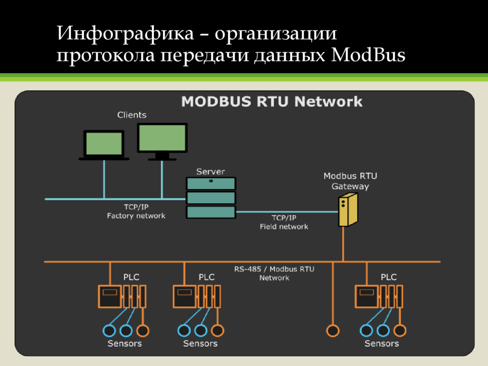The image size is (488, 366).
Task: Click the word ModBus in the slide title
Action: tap(368, 55)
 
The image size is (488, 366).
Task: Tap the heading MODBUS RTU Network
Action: tap(272, 102)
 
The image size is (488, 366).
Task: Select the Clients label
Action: tap(132, 115)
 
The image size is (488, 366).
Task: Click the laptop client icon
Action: tap(103, 145)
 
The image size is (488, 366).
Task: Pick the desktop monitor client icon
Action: tap(162, 141)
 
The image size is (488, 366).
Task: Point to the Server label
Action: tap(211, 171)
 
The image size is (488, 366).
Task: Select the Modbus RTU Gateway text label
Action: tap(350, 181)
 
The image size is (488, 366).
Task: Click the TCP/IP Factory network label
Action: tap(136, 212)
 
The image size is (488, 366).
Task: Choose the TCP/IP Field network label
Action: tap(284, 222)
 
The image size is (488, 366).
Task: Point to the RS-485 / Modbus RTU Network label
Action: tap(274, 273)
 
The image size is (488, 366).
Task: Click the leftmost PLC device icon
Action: tap(122, 296)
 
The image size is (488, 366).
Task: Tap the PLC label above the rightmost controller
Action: tap(388, 277)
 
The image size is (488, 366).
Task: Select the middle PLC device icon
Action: tap(196, 296)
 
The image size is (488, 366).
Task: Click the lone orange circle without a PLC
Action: tap(332, 330)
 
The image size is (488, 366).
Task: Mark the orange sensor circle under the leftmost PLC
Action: tap(142, 330)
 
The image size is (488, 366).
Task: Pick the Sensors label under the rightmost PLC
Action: tap(381, 343)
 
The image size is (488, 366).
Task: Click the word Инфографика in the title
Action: tap(125, 34)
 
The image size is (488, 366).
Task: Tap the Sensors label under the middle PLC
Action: tap(200, 343)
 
